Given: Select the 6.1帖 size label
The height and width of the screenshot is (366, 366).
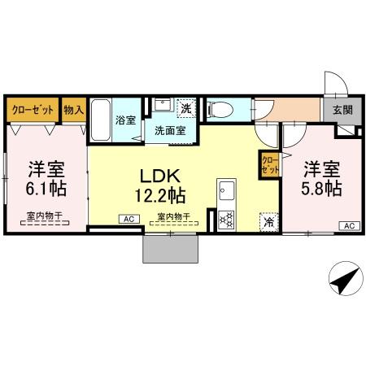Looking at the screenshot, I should (x=46, y=187).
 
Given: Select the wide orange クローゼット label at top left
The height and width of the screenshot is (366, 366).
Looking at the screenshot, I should (x=33, y=109).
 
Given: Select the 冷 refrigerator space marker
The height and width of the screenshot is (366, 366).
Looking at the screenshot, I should (x=268, y=220).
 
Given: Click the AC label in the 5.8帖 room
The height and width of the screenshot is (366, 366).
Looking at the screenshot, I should (x=347, y=226).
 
